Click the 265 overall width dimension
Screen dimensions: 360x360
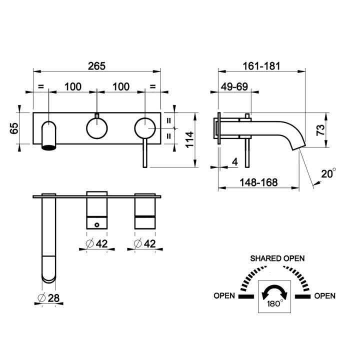[96, 66]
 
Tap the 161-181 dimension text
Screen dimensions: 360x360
[261, 66]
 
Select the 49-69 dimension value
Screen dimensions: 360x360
[234, 87]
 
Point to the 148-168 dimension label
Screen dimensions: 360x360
[259, 182]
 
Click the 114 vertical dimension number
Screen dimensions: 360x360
[189, 139]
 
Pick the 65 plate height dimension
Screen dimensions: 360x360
[14, 128]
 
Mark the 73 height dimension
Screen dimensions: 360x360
[320, 130]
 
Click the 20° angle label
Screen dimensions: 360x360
[328, 173]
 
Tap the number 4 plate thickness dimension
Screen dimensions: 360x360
[234, 162]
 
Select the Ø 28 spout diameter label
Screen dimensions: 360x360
[48, 298]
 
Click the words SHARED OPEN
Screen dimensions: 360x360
[277, 258]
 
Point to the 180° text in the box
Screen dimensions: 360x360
[275, 304]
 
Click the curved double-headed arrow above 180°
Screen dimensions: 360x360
[274, 292]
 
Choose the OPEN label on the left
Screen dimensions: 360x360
[224, 295]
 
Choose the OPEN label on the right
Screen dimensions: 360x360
[324, 295]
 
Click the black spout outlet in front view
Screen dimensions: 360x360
[48, 147]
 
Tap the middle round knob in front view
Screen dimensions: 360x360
[97, 128]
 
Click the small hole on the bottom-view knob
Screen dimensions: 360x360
[97, 225]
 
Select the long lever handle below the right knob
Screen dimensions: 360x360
[145, 153]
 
